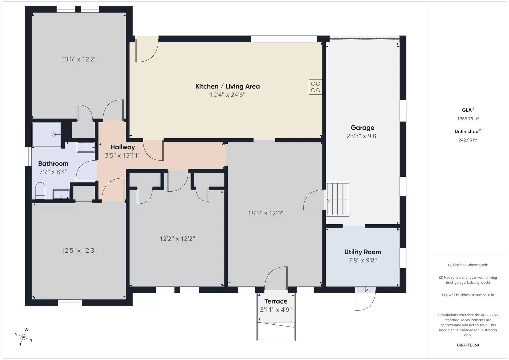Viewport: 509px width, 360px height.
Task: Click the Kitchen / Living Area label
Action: pos(227,86)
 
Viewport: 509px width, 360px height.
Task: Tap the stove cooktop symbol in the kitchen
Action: pos(315,87)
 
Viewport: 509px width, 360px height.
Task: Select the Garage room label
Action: pos(362,128)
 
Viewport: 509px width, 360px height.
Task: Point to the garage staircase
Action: pos(338,199)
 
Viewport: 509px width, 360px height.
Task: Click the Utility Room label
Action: pos(362,252)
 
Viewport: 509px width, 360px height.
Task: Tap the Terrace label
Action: pos(276,301)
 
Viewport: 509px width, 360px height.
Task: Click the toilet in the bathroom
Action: pos(40,190)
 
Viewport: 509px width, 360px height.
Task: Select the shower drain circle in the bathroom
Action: pos(54,134)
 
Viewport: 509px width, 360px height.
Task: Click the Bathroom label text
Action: pos(53,163)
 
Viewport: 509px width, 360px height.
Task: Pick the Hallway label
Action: pos(123,147)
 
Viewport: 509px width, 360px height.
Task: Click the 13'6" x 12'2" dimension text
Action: pos(79,59)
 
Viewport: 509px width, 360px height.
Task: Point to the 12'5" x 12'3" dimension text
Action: pos(79,250)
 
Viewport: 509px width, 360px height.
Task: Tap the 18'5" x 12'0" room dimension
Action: pos(265,213)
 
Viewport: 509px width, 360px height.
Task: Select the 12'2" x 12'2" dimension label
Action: pos(177,239)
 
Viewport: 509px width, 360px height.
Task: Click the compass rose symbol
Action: pos(23,337)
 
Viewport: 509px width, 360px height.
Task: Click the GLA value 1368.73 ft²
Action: pos(468,119)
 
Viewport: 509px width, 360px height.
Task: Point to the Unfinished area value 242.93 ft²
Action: pos(468,140)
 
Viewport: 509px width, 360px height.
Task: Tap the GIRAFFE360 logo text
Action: pos(468,345)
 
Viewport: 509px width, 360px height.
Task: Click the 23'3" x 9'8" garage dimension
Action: pos(362,136)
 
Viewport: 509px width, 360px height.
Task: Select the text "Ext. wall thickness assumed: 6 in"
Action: pos(468,295)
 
